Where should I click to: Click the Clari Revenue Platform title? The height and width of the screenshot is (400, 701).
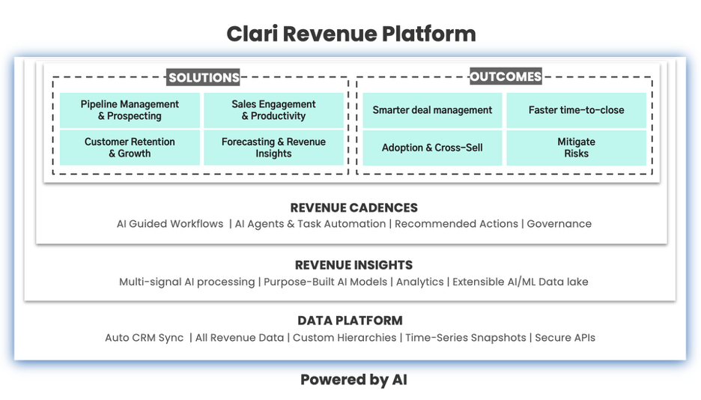click(351, 34)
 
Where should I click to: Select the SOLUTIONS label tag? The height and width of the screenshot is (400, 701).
click(204, 77)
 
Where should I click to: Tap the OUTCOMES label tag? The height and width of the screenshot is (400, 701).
click(506, 76)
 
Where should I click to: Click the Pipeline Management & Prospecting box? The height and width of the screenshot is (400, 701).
click(130, 110)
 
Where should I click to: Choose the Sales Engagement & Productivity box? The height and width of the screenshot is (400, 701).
click(273, 110)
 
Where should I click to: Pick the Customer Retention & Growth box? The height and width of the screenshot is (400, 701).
click(130, 148)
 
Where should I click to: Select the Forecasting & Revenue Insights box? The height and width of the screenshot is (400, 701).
click(273, 148)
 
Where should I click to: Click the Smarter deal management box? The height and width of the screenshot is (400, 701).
click(432, 110)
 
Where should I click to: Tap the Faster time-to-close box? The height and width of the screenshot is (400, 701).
click(576, 110)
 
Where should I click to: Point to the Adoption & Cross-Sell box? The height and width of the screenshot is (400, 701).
click(432, 148)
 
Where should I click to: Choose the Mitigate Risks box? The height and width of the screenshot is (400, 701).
click(576, 148)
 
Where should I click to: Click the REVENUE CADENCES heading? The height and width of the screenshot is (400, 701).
click(353, 207)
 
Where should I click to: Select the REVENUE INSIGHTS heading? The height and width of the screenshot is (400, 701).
click(353, 265)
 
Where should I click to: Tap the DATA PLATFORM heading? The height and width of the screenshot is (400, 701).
click(350, 321)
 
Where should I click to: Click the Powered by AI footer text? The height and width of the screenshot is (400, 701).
click(353, 380)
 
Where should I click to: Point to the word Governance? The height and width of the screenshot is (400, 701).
click(559, 223)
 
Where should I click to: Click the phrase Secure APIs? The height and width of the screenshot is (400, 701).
click(565, 337)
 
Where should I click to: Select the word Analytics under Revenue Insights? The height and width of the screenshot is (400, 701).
click(420, 282)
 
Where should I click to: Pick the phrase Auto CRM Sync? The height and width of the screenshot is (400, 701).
click(145, 337)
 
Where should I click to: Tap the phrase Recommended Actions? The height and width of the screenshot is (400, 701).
click(456, 223)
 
